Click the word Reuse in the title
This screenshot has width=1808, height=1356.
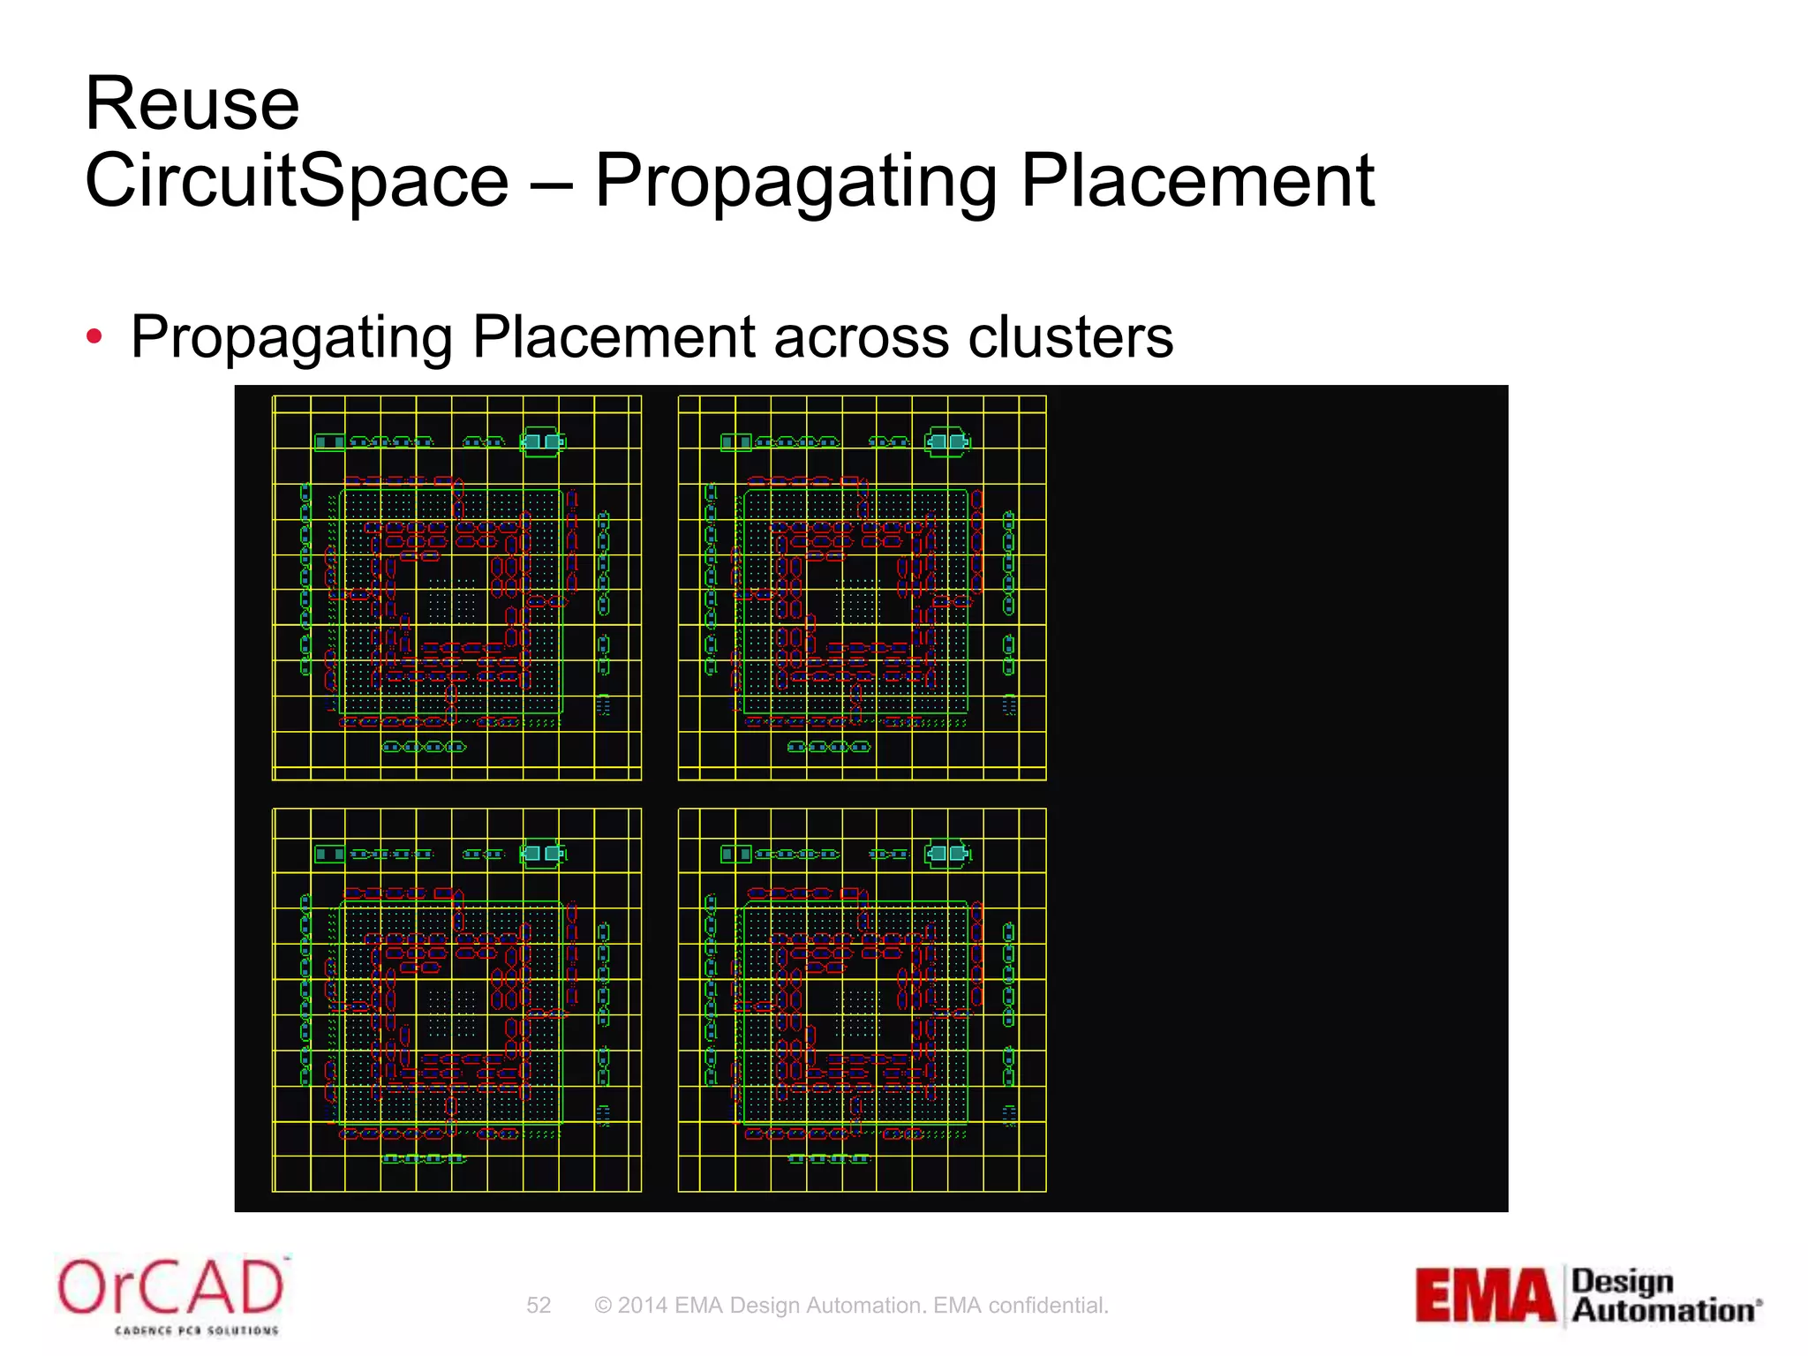tap(192, 104)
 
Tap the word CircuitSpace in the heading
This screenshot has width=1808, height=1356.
tap(297, 181)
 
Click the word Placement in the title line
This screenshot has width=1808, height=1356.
tap(1197, 181)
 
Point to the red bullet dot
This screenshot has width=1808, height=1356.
tap(94, 336)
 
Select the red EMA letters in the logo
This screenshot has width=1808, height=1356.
tap(1486, 1296)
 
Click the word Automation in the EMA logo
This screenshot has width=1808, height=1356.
tap(1663, 1311)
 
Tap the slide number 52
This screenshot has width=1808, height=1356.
tap(539, 1306)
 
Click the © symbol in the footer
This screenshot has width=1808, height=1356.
tap(603, 1306)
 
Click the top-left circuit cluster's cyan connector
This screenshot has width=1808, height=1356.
tap(542, 441)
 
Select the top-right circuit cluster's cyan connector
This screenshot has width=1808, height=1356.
tap(947, 441)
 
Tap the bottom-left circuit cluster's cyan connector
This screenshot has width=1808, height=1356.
tap(542, 853)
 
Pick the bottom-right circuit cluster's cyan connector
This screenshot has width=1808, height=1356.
tap(947, 853)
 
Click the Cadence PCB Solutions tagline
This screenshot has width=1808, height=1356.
tap(196, 1330)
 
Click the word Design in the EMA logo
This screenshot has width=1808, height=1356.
tap(1623, 1281)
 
